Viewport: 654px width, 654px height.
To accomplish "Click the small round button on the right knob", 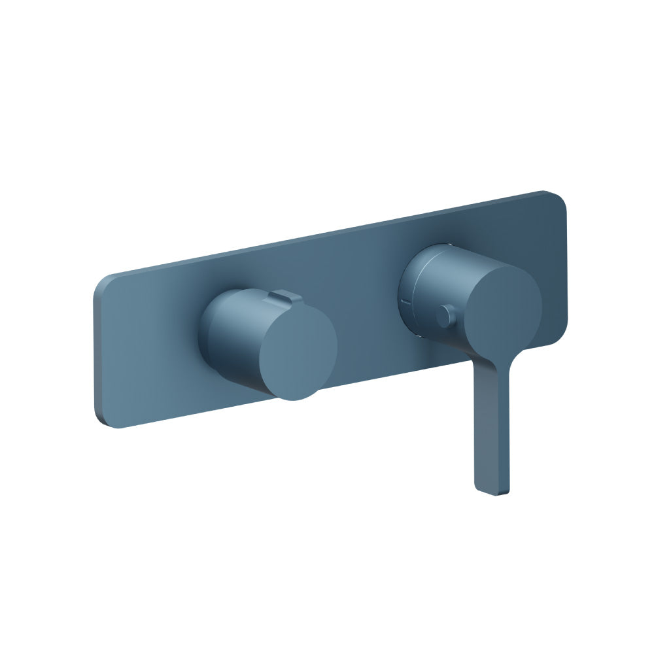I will [447, 317].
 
